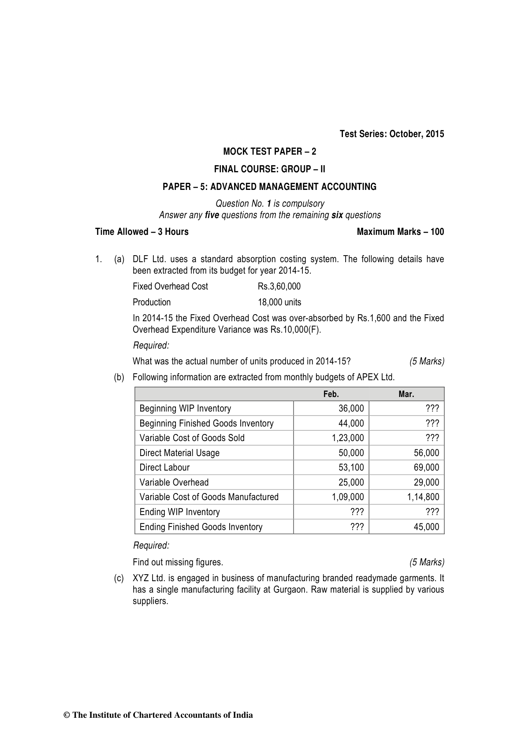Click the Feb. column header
pos(331,394)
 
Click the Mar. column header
pos(406,394)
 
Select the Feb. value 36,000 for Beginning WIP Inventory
pos(351,408)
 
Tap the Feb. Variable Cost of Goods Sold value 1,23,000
pos(348,438)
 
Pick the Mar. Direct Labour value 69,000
pos(426,467)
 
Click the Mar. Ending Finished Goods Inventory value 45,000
pos(426,527)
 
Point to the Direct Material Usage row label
pos(179,453)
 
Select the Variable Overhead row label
pos(174,482)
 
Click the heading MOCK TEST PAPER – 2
pos(269,152)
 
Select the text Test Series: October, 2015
pos(391,134)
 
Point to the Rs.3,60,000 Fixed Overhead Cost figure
pos(279,286)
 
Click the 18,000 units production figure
pos(279,302)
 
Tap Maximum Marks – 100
pos(400,232)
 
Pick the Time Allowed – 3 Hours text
pos(142,232)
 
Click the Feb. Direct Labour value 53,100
pos(351,467)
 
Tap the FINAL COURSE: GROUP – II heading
pos(269,169)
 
